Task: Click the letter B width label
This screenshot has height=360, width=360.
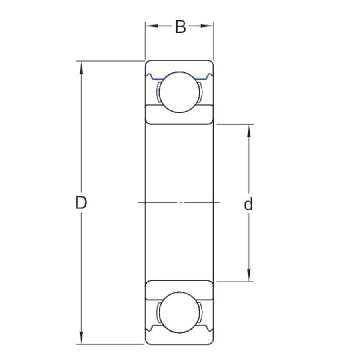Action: point(180,27)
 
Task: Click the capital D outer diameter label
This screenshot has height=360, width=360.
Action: point(81,203)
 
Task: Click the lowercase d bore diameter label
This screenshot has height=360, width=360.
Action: point(248,204)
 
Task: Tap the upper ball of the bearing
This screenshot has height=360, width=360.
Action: point(179,91)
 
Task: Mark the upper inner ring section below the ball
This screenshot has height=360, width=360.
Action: point(179,115)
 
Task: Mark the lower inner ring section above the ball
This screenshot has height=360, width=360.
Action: point(179,290)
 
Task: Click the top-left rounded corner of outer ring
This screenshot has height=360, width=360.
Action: point(146,62)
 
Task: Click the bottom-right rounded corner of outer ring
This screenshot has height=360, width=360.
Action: point(212,342)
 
